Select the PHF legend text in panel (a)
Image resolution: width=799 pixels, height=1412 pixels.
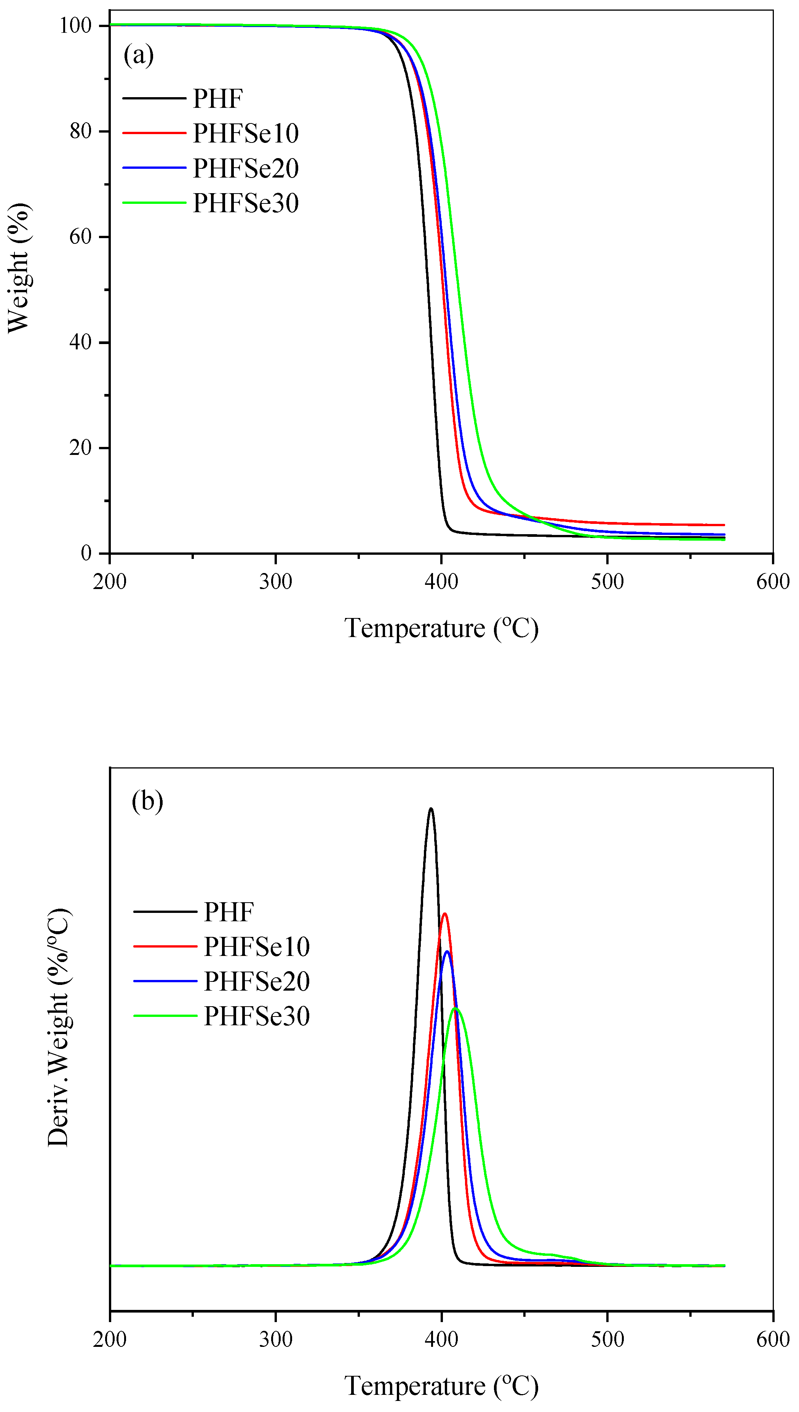pyautogui.click(x=218, y=99)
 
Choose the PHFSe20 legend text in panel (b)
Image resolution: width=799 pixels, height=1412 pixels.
pyautogui.click(x=257, y=981)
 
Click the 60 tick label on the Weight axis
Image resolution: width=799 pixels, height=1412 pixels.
pyautogui.click(x=81, y=237)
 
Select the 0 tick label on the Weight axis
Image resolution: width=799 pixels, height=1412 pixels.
pyautogui.click(x=86, y=553)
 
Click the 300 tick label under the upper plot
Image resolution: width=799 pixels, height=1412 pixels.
pyautogui.click(x=275, y=581)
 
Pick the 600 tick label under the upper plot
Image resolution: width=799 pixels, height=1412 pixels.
pyautogui.click(x=773, y=581)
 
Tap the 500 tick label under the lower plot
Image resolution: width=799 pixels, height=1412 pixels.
pyautogui.click(x=607, y=1340)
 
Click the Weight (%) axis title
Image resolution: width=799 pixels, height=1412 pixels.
pyautogui.click(x=19, y=268)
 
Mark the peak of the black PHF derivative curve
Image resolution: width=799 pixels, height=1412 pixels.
pyautogui.click(x=431, y=808)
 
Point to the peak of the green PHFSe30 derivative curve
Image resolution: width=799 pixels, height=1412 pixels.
pyautogui.click(x=455, y=1009)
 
